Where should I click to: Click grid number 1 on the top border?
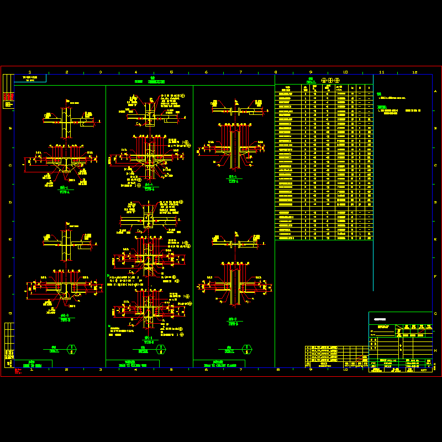30,72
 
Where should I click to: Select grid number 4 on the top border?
136,72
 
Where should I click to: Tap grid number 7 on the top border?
241,72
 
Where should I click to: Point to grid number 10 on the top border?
345,72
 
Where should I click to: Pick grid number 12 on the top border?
415,72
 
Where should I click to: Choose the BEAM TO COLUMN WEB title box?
133,364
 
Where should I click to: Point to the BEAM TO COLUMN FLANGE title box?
221,364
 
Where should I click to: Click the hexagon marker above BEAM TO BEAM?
71,349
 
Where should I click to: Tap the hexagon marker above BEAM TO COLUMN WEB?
160,349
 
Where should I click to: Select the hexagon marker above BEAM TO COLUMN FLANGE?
247,349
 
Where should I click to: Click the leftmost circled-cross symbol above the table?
324,81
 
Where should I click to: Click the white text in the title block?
380,319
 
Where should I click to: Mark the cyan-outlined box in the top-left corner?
30,78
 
